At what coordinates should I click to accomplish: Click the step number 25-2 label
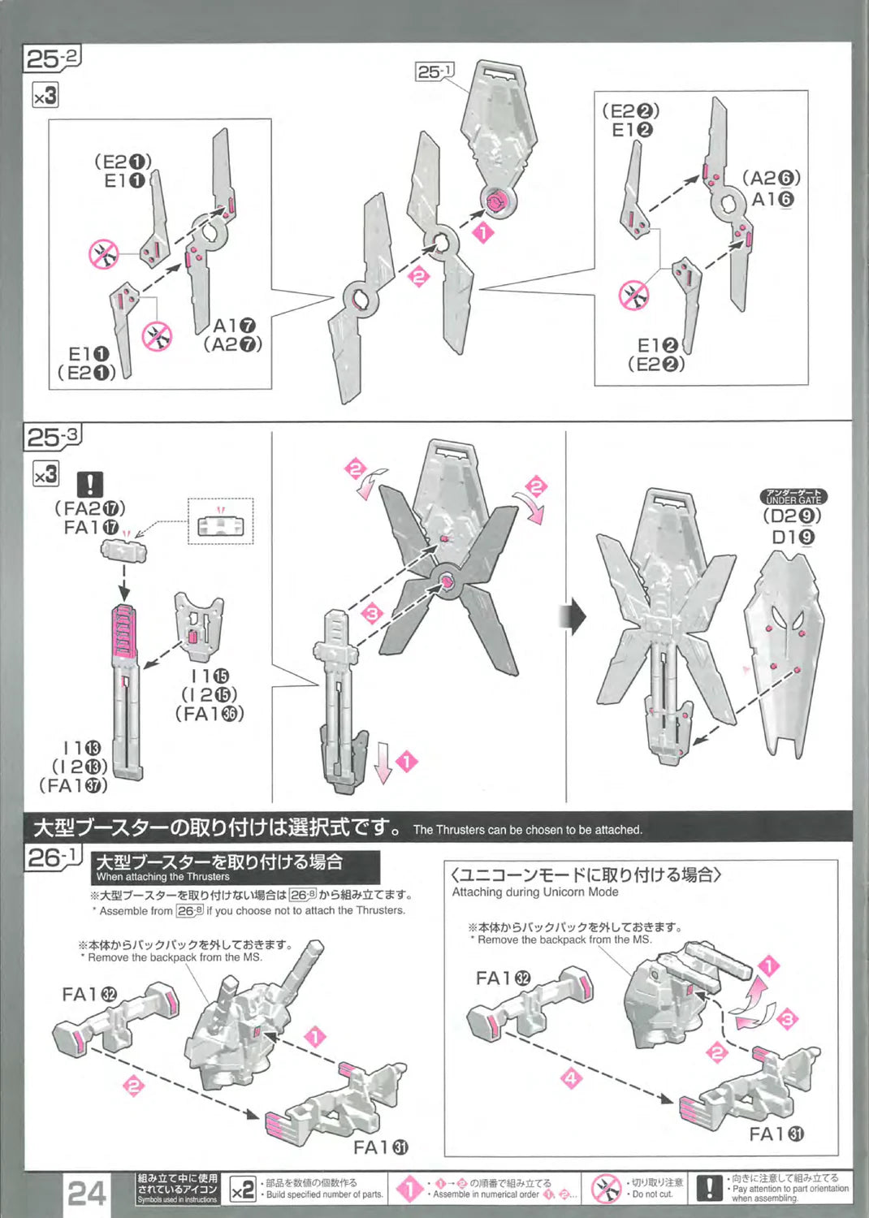tap(53, 58)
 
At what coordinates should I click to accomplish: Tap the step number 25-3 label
tap(53, 438)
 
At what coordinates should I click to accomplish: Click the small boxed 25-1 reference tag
tap(434, 72)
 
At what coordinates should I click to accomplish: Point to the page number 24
tap(87, 1193)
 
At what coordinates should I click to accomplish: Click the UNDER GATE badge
tap(793, 497)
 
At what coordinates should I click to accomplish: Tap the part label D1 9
tap(793, 537)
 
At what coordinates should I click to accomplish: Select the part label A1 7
tap(234, 326)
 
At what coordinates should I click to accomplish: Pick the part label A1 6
tap(772, 199)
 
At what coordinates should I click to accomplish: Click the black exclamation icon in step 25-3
tap(89, 485)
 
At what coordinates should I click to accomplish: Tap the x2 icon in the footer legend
tap(242, 1190)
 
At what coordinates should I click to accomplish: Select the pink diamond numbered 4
tap(572, 1078)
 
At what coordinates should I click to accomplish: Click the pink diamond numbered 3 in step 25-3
tap(372, 612)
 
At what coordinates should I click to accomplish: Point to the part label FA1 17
tap(91, 528)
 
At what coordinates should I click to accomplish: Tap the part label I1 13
tap(82, 748)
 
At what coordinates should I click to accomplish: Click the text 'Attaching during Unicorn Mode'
tap(535, 892)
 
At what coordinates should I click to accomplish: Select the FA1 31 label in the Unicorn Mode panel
tap(776, 1134)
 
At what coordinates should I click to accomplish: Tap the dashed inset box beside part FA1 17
tap(220, 521)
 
